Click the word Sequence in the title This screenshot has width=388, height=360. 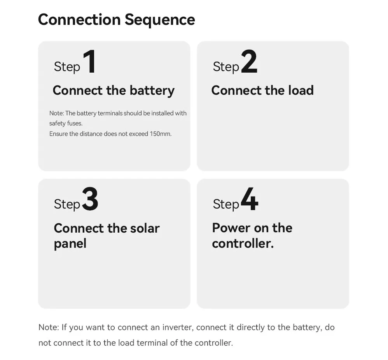click(160, 19)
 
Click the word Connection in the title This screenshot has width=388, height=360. click(79, 19)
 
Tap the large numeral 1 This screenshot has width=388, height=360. click(90, 62)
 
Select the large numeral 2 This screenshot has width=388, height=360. click(249, 62)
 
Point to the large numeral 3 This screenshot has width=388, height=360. click(90, 199)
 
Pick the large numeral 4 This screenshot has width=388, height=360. click(249, 199)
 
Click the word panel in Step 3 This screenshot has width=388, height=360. click(70, 244)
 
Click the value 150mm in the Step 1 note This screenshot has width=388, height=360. click(160, 134)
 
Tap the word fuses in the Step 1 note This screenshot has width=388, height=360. click(75, 123)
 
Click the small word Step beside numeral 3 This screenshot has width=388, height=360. click(67, 204)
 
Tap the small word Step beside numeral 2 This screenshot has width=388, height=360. click(226, 67)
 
